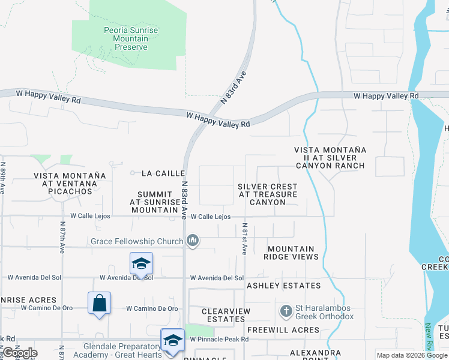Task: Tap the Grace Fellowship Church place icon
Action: [x=193, y=241]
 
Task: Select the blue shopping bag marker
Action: [x=100, y=304]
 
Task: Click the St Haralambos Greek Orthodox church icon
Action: [x=286, y=311]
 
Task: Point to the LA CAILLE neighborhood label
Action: [x=163, y=173]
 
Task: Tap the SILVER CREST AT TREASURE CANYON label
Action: [x=268, y=194]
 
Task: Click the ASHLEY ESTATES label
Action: [x=284, y=286]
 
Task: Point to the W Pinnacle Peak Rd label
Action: [x=219, y=340]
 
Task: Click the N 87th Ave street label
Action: [x=62, y=238]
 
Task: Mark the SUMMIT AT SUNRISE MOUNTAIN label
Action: [x=155, y=202]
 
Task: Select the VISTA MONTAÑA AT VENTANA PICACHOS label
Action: [x=70, y=184]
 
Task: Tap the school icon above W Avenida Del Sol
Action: [x=141, y=263]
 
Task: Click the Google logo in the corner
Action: [x=20, y=353]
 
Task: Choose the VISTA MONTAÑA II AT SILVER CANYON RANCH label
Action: [x=330, y=157]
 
